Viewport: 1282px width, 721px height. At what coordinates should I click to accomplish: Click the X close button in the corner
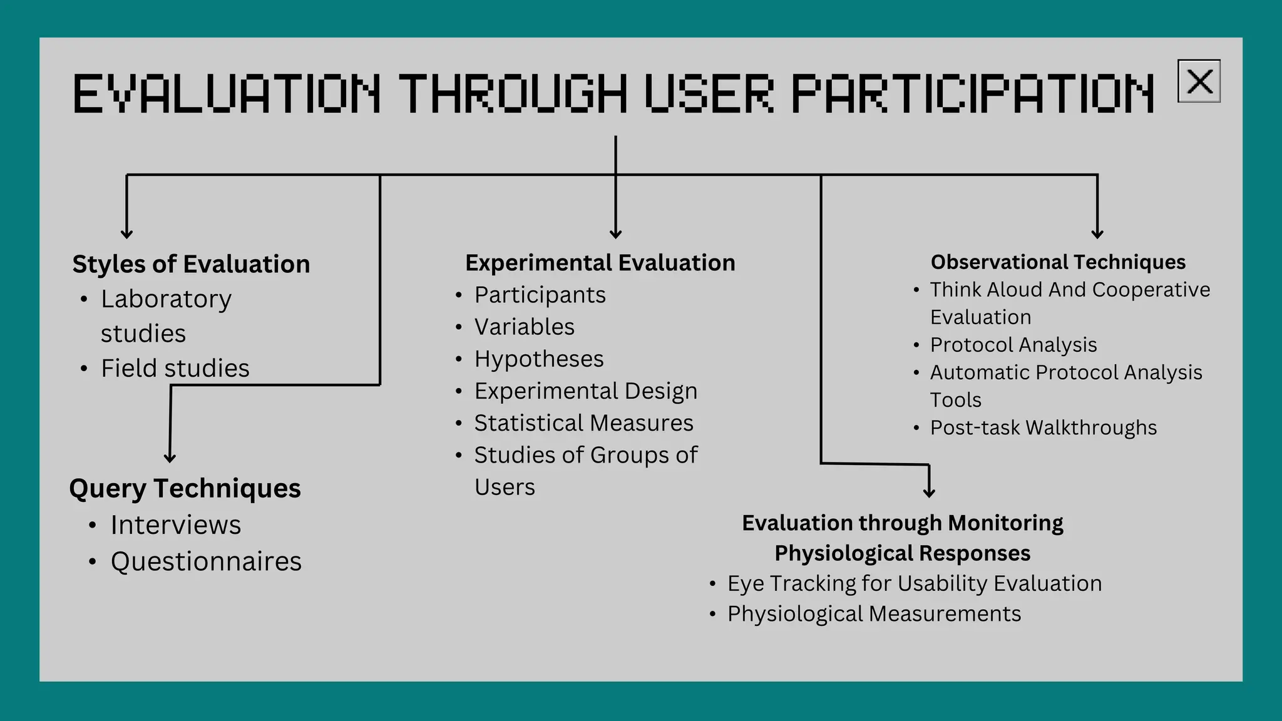1199,81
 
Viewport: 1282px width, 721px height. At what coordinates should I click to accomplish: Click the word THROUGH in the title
513,94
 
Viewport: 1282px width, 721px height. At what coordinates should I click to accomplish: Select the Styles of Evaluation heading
191,264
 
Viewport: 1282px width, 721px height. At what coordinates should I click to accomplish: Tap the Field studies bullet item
175,368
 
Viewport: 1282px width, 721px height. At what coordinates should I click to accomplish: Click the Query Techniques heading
185,488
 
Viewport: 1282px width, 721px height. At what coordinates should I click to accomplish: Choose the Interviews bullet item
175,524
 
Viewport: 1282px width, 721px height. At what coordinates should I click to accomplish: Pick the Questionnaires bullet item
206,561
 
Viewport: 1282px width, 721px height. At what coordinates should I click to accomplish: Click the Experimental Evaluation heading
600,263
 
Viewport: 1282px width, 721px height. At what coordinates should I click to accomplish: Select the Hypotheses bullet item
538,359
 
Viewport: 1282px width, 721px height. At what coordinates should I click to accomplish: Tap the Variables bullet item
524,327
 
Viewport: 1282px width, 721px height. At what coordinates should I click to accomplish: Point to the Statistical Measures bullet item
583,423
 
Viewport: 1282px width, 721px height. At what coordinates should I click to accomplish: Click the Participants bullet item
540,295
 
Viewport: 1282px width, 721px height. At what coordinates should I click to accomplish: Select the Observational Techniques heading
1058,262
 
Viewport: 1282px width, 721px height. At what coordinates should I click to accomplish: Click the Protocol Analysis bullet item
1013,345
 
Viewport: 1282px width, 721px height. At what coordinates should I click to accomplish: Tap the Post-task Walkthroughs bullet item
1043,427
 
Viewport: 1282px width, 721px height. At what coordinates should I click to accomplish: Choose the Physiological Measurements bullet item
874,614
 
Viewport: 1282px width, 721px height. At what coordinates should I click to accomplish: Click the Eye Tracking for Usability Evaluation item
914,583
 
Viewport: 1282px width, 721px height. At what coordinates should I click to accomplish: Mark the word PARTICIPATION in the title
972,94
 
